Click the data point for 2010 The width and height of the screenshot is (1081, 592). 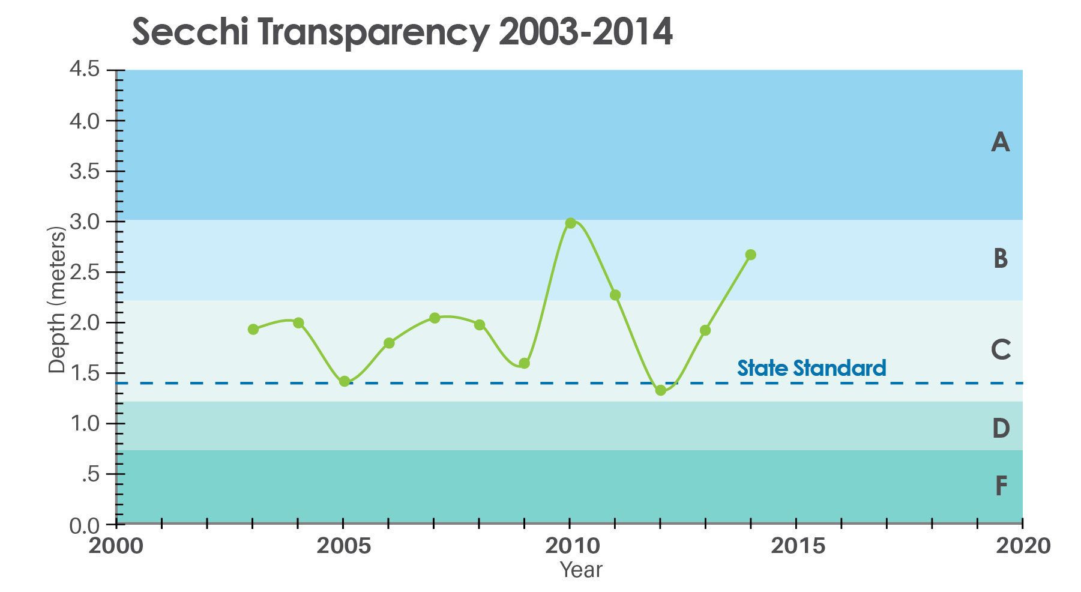570,223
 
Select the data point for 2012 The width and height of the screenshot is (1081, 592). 660,390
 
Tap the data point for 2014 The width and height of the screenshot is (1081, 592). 750,255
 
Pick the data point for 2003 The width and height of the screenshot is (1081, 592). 253,329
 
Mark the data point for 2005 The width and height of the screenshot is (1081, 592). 344,381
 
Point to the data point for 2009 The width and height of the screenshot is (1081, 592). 524,363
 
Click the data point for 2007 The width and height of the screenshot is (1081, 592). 435,318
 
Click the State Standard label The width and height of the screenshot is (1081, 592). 812,367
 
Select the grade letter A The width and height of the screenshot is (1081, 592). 1000,143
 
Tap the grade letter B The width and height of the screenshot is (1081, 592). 1000,258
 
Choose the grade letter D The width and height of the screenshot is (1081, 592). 1000,429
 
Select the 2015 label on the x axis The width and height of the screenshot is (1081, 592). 796,546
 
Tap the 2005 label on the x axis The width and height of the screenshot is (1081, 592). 343,546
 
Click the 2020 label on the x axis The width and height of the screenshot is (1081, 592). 1022,546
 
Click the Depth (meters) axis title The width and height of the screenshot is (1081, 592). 56,300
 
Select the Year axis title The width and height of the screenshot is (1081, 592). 580,569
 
